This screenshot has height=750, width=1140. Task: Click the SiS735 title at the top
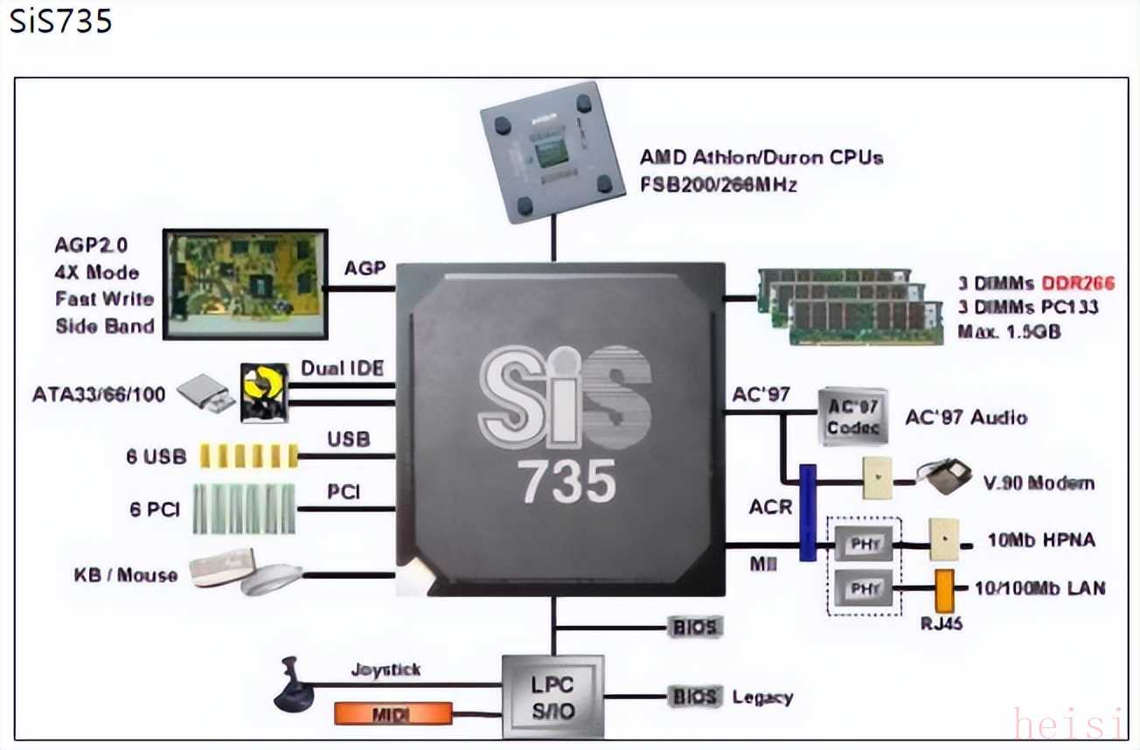(x=60, y=20)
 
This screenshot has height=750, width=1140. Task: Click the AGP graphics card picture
(x=245, y=284)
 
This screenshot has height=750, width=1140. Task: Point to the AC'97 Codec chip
(x=852, y=417)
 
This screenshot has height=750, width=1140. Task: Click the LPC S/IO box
(x=553, y=697)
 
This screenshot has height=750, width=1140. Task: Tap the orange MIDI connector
(x=393, y=713)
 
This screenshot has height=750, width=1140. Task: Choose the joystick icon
(x=294, y=685)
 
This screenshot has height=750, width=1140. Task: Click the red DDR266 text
(x=1078, y=283)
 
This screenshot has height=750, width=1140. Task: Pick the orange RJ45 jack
(x=944, y=591)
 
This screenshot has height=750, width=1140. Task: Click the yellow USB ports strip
(x=248, y=455)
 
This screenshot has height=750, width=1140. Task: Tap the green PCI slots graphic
(x=244, y=509)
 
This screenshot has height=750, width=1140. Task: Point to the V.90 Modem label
(x=1039, y=483)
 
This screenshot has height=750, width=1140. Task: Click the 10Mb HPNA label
(x=1040, y=540)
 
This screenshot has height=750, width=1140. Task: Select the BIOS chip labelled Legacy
(x=696, y=697)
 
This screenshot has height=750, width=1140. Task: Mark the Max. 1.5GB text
(x=1009, y=331)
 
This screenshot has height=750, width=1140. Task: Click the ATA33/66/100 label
(x=99, y=394)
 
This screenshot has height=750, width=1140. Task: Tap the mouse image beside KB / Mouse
(x=270, y=580)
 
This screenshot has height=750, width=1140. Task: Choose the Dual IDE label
(x=342, y=368)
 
